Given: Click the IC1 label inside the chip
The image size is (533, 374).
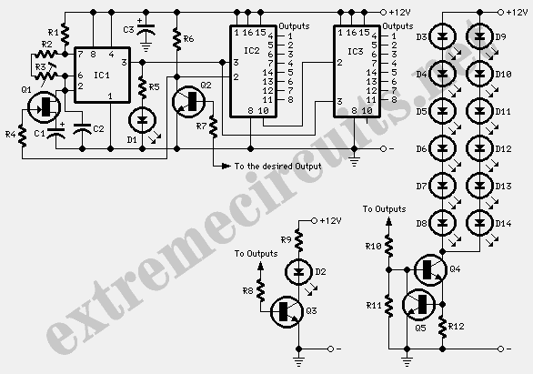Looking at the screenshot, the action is point(102,76).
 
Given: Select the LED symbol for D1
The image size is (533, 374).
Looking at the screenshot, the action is point(143,120).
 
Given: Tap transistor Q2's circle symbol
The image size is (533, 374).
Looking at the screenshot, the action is point(188,101).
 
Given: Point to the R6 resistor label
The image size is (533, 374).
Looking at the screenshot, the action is point(188,39).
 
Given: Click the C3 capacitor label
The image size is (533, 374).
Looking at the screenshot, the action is point(129,30).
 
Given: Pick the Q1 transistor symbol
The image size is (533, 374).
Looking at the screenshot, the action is point(44,107).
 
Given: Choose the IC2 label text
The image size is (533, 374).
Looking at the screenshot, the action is point(252,51).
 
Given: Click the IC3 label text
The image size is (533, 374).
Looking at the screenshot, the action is point(356,51).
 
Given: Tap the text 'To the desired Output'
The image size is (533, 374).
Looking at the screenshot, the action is point(277,167).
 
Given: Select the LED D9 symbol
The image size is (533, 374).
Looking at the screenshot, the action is point(479,36).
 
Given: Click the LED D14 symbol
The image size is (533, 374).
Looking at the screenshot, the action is point(479,223).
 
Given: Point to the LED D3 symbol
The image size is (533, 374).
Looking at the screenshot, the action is point(442,36).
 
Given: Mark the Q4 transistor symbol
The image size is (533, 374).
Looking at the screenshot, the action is point(430,269).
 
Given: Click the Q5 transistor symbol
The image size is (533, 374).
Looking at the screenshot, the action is point(419,305).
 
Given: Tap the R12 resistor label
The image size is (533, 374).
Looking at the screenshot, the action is point(457,327).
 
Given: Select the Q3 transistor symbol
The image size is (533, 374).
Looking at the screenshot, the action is point(287,311).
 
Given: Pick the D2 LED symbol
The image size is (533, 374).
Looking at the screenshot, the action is point(299,272).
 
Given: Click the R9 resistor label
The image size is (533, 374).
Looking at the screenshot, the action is point(287,240).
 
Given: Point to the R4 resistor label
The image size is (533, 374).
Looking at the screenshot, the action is point(11,135).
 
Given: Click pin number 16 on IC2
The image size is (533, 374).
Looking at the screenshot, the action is point(247,33).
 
